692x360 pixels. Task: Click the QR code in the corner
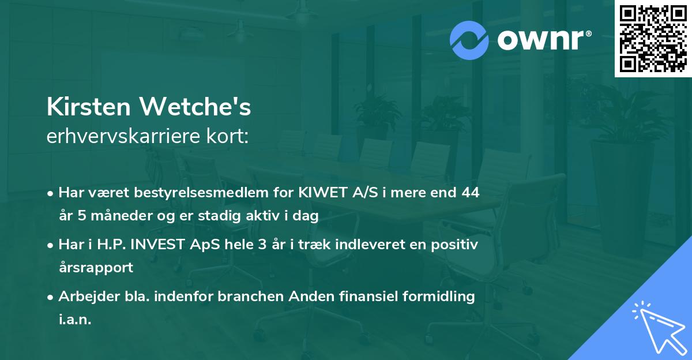click(653, 39)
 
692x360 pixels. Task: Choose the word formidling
click(442, 297)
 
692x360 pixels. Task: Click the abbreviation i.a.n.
click(75, 320)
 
